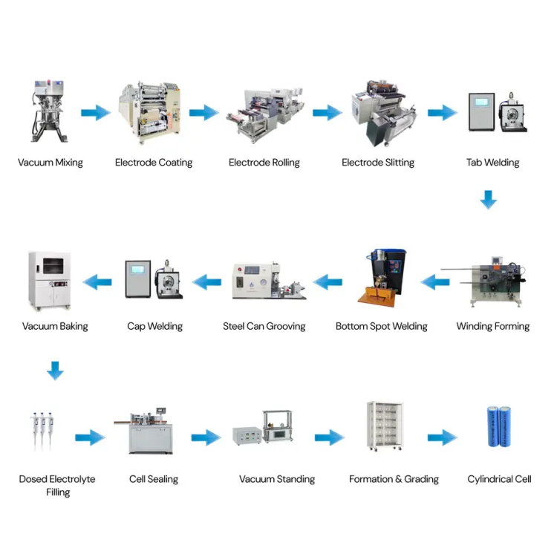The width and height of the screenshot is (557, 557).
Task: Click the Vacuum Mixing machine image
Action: [x=49, y=111]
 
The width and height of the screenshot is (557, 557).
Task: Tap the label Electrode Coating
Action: [x=154, y=163]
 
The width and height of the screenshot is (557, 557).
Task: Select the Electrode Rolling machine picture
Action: [x=265, y=115]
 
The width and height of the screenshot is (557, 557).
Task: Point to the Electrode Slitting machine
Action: [x=384, y=113]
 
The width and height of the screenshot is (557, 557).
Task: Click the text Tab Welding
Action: [x=492, y=163]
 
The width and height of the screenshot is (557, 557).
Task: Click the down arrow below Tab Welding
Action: [x=489, y=200]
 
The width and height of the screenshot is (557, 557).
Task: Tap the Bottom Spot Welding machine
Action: [x=382, y=278]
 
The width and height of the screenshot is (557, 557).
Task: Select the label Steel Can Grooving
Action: [x=264, y=326]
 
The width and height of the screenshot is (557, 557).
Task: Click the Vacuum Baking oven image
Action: [x=50, y=281]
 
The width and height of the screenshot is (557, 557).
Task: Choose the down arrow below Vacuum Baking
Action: [x=55, y=371]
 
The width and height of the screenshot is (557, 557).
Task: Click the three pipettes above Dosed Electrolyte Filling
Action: [x=42, y=431]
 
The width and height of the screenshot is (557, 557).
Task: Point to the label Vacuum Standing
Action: [x=277, y=479]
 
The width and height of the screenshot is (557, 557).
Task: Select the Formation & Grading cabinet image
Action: [x=385, y=426]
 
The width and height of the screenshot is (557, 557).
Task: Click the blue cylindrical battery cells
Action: [x=499, y=426]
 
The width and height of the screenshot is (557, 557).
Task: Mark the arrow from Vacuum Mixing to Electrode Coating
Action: [x=96, y=113]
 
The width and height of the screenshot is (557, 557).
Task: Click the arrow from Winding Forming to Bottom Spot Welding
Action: [x=435, y=282]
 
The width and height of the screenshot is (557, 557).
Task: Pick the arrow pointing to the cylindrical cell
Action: [x=443, y=437]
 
